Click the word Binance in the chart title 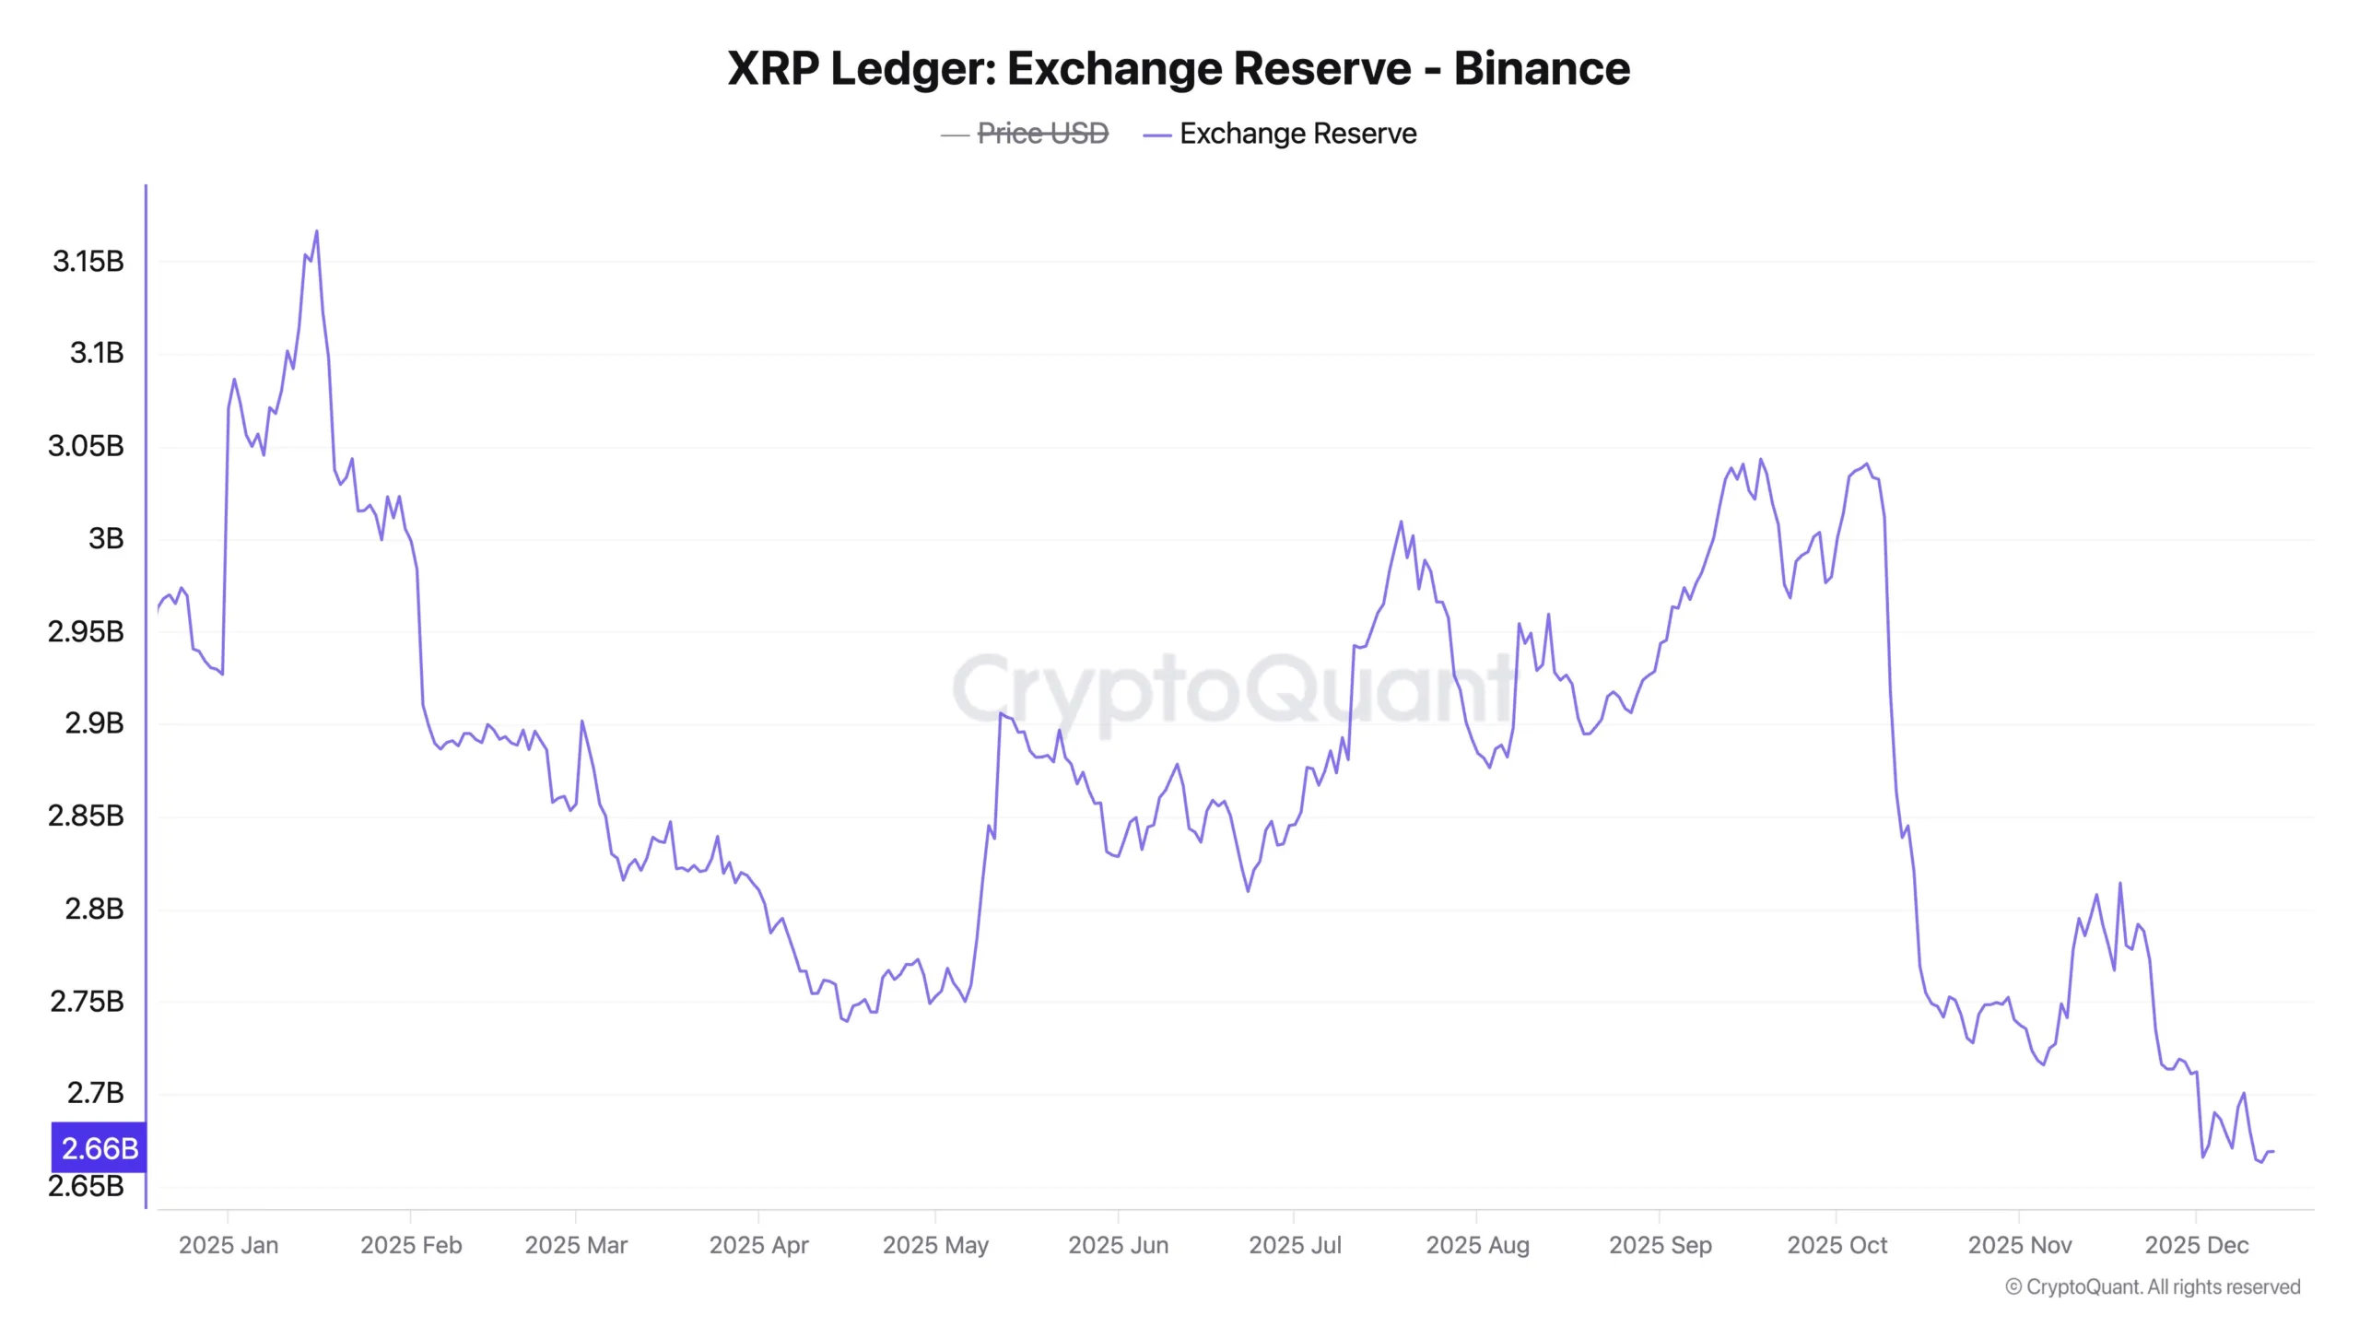click(1541, 68)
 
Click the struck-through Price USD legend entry click(1041, 134)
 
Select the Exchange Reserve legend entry click(1297, 134)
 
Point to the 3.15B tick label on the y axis click(88, 262)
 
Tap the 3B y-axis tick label click(105, 538)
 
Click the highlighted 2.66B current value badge click(99, 1148)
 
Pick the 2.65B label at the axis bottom click(86, 1186)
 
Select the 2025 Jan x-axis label click(228, 1245)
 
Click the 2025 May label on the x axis click(934, 1245)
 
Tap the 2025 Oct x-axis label click(1837, 1245)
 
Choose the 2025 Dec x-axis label click(2196, 1245)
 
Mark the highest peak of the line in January click(317, 231)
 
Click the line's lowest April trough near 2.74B click(845, 1021)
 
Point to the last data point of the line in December click(2273, 1151)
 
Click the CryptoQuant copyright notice click(2153, 1286)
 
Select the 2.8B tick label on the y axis click(93, 909)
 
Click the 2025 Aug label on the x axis click(1477, 1245)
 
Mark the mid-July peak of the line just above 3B click(1401, 522)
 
